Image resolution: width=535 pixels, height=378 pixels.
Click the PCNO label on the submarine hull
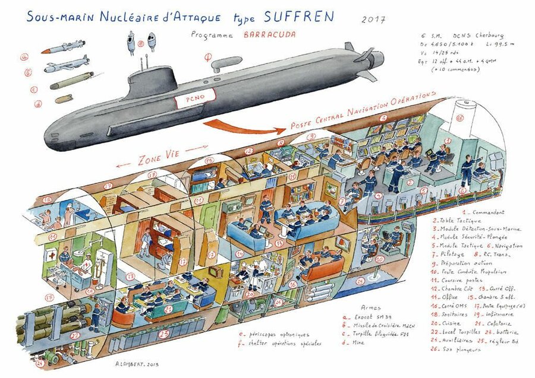(x=189, y=100)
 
